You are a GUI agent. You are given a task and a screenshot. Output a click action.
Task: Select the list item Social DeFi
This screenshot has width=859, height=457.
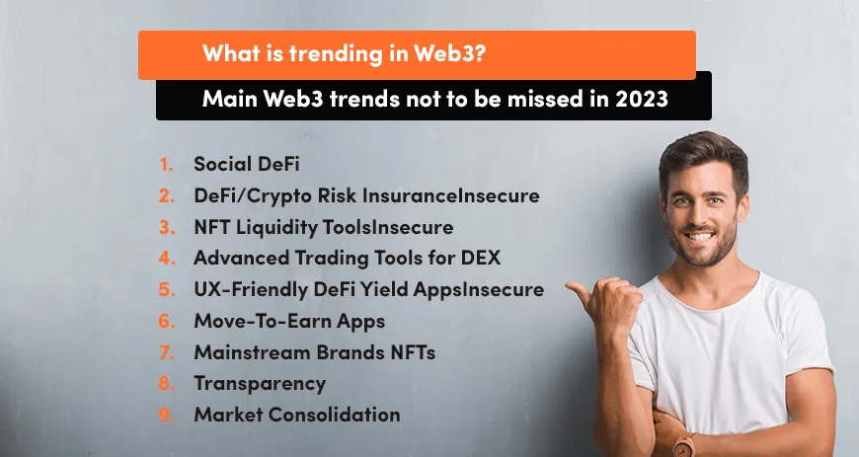[x=251, y=164]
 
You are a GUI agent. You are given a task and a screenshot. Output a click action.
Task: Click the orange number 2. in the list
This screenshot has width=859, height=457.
[x=166, y=196]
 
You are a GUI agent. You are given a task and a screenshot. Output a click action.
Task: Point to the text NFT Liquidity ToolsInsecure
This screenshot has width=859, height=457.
[x=323, y=228]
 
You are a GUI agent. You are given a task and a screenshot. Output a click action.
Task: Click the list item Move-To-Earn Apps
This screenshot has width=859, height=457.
[x=288, y=321]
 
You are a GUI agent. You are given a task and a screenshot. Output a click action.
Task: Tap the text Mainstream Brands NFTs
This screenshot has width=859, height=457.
[x=314, y=352]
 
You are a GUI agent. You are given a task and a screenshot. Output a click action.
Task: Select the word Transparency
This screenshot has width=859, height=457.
[x=259, y=383]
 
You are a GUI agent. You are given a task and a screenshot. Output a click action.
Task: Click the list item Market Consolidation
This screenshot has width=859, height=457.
[x=296, y=415]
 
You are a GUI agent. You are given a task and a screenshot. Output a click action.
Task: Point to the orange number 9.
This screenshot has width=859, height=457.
[x=166, y=415]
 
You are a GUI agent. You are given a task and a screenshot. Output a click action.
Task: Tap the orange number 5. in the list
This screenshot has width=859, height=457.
[x=166, y=290]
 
